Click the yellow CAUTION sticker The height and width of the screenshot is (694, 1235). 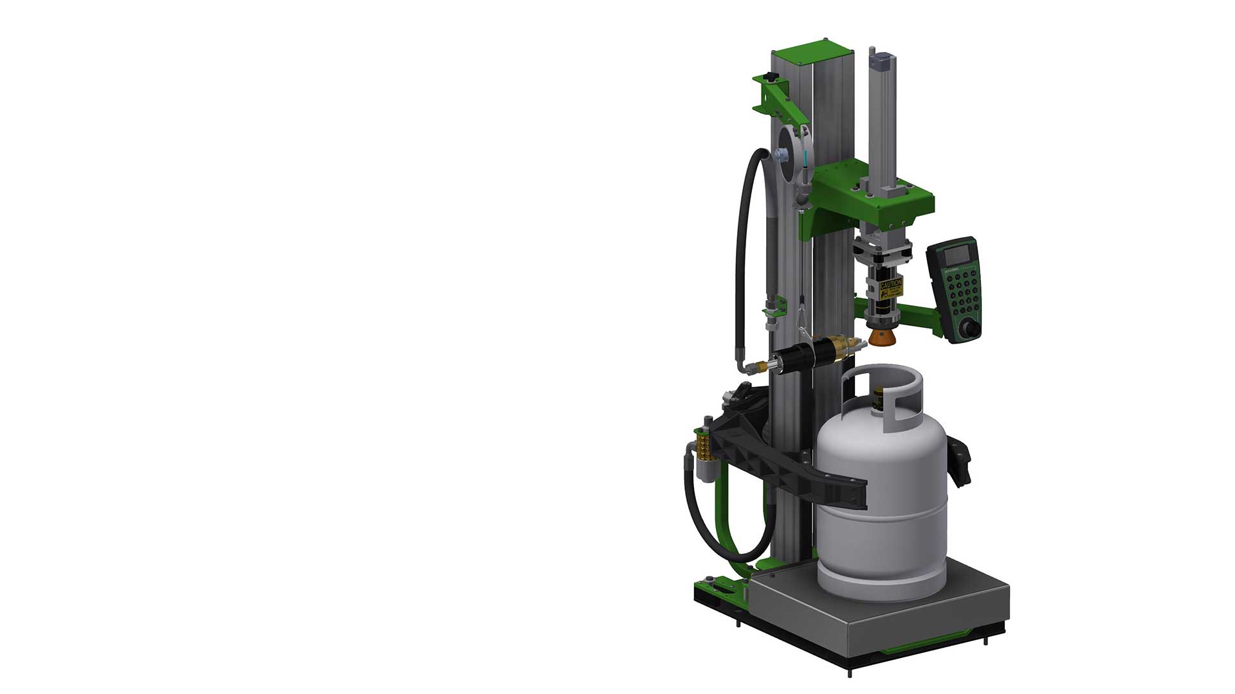pos(891,289)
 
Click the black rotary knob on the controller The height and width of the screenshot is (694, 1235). pos(969,330)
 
